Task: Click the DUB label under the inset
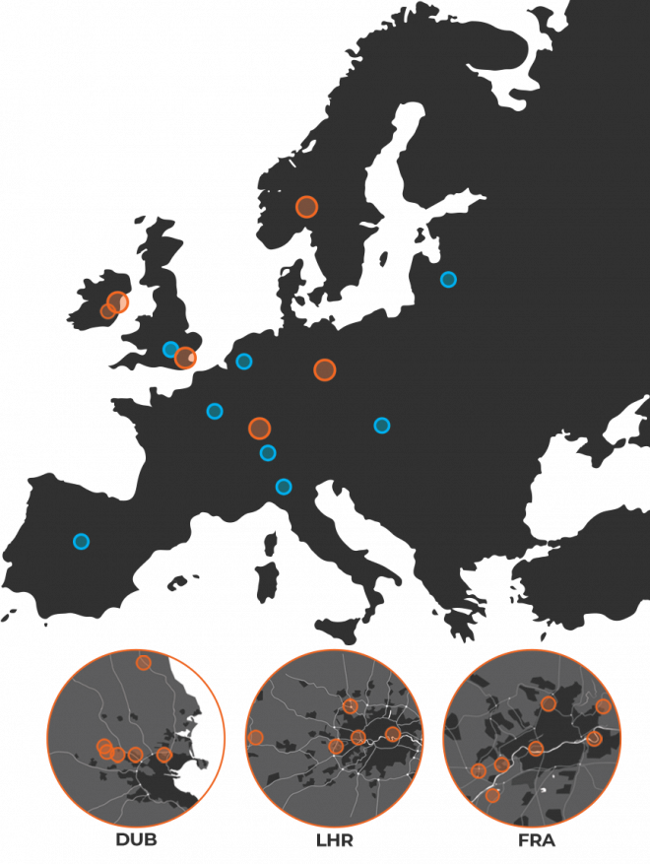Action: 136,839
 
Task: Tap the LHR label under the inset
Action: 335,840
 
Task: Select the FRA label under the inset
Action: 536,840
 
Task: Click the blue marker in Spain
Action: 82,541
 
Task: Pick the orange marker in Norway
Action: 306,207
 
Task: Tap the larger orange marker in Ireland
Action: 118,302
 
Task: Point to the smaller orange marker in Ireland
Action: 107,311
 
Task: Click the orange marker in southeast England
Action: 185,358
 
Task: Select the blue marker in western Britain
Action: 170,349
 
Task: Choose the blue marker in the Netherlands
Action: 244,362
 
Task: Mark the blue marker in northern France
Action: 215,411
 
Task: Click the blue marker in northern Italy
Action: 283,487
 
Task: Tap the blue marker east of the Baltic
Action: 448,280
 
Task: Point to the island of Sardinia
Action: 266,581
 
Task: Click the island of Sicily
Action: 337,630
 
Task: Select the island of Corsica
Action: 270,544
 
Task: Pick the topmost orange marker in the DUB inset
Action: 143,662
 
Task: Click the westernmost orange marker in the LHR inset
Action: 255,737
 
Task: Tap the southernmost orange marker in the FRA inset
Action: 492,795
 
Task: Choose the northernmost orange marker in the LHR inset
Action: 350,705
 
